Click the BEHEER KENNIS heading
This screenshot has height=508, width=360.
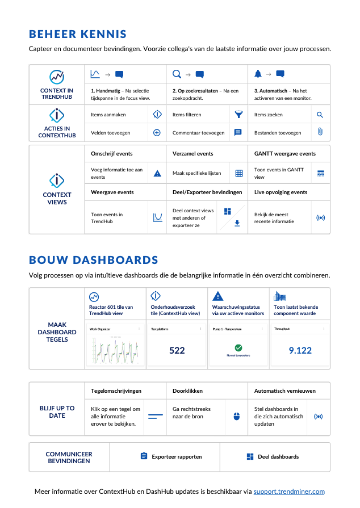(78, 35)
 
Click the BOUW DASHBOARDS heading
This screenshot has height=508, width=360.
(94, 261)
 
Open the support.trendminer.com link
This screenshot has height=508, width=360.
(289, 492)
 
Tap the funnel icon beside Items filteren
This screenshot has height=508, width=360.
(238, 115)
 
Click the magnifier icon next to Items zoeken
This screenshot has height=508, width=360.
(320, 115)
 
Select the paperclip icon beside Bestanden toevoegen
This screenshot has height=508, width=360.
(320, 132)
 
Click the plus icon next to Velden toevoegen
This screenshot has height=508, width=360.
(157, 132)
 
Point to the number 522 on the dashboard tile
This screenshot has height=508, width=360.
(177, 350)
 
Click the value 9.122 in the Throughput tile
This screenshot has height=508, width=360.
(300, 350)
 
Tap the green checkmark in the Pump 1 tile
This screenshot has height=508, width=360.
(238, 347)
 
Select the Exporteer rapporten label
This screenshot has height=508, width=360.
(176, 456)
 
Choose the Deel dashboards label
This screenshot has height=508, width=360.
(278, 456)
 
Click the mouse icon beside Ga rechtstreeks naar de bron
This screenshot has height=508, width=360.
(237, 416)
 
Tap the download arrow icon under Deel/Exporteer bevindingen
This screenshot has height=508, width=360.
(237, 223)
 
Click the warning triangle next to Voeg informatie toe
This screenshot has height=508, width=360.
(157, 173)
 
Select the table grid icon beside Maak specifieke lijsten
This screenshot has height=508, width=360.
(239, 173)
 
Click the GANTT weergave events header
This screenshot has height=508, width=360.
(284, 154)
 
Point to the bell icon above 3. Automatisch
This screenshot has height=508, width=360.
(258, 74)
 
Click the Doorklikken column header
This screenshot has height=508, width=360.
(187, 391)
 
